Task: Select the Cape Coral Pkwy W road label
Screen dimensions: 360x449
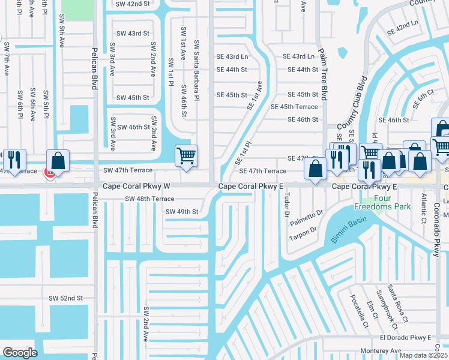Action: [137, 187]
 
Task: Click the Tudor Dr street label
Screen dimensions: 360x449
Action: [287, 206]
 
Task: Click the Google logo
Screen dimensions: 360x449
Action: [20, 353]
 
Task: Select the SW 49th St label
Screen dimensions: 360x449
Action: [182, 212]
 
